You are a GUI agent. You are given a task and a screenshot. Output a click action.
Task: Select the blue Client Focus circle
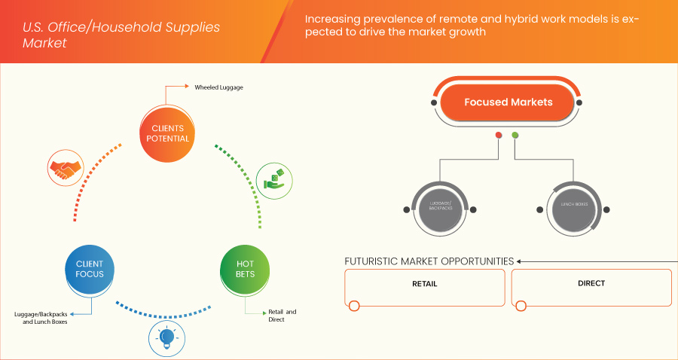[90, 269]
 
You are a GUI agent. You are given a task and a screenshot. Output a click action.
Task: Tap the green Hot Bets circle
[245, 269]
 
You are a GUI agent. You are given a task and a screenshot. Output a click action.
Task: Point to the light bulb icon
[166, 337]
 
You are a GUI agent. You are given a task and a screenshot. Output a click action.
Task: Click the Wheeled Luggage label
[218, 87]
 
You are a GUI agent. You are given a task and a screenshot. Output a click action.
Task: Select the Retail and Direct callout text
[282, 315]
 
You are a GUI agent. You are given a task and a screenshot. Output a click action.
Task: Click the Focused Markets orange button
[508, 102]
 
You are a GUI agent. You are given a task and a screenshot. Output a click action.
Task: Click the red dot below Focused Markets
[499, 136]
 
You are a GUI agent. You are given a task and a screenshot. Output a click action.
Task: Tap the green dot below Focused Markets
[515, 136]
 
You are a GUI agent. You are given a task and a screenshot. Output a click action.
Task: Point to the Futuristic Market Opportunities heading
[429, 261]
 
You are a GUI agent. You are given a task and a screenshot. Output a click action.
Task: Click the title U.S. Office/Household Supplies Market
[121, 35]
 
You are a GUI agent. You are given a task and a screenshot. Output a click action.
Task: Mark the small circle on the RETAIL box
[354, 305]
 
